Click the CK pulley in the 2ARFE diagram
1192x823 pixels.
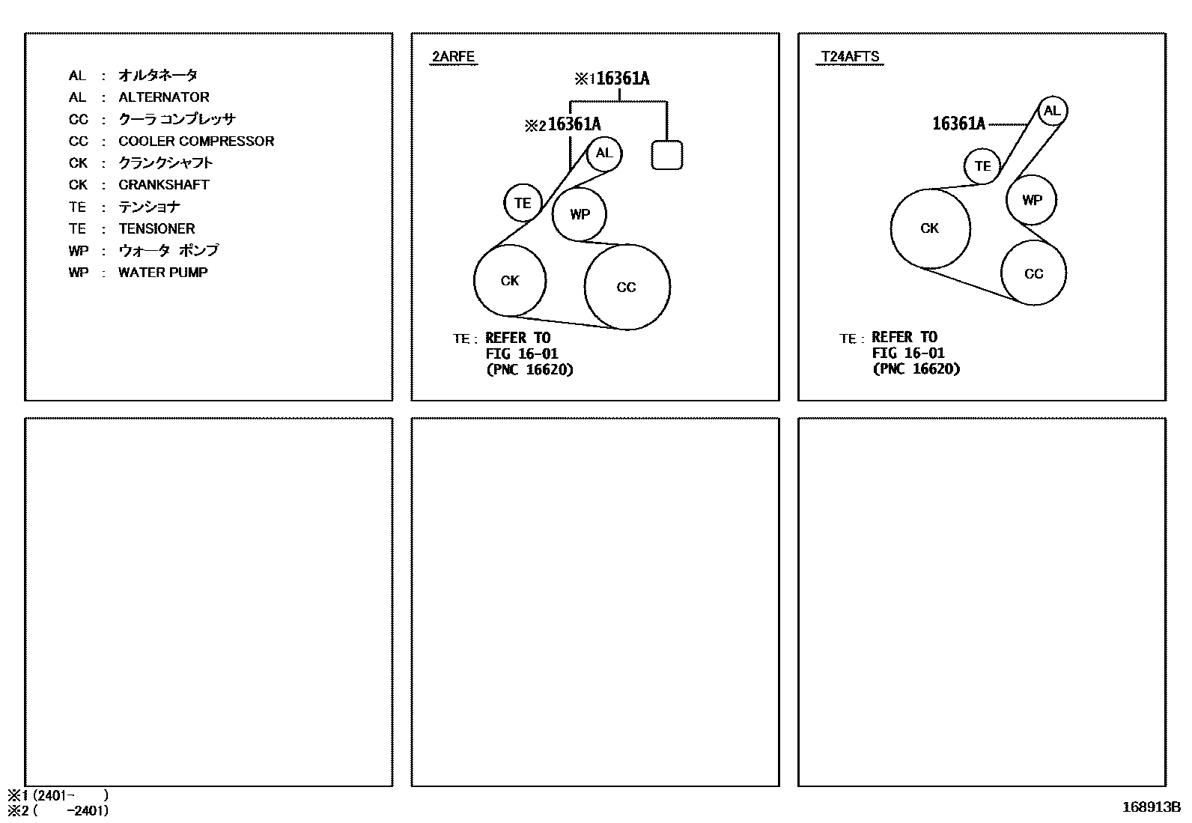[x=510, y=281]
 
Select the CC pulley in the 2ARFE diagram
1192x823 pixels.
[x=627, y=287]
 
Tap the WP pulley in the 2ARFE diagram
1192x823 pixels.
[x=580, y=214]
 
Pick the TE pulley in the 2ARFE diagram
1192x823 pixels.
[x=523, y=203]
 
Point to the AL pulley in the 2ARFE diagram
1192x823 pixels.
[x=604, y=154]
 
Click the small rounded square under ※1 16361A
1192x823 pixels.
[x=667, y=155]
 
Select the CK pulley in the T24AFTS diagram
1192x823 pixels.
[x=930, y=228]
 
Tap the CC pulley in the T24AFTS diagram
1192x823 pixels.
[x=1033, y=273]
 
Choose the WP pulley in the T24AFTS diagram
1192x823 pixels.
[x=1032, y=200]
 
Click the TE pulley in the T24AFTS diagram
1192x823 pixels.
[x=982, y=166]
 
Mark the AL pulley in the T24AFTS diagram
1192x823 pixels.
[x=1052, y=112]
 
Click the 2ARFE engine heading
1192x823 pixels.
[x=453, y=57]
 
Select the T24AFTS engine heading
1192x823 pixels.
[x=850, y=57]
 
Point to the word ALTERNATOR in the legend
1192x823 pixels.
[x=164, y=97]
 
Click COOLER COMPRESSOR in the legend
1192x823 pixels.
[x=196, y=142]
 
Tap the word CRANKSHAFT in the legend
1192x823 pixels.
[x=164, y=185]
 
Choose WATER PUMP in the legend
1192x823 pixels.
[x=162, y=273]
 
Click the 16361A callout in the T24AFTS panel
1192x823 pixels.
[x=958, y=124]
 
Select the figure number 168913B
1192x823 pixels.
[x=1151, y=807]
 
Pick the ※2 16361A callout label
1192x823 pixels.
[x=563, y=125]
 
